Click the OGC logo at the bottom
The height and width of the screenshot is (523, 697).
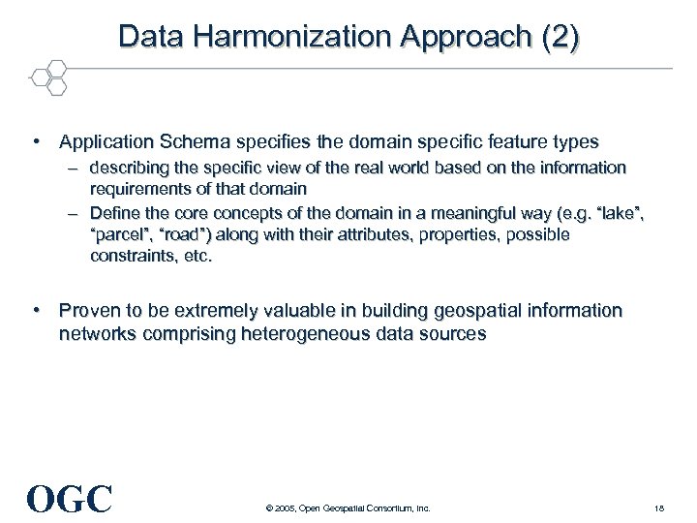[70, 499]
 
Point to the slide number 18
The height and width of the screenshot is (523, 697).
[658, 508]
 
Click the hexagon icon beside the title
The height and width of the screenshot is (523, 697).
[47, 77]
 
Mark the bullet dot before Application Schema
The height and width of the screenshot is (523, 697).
[36, 142]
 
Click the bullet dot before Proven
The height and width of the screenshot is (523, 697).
[36, 311]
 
